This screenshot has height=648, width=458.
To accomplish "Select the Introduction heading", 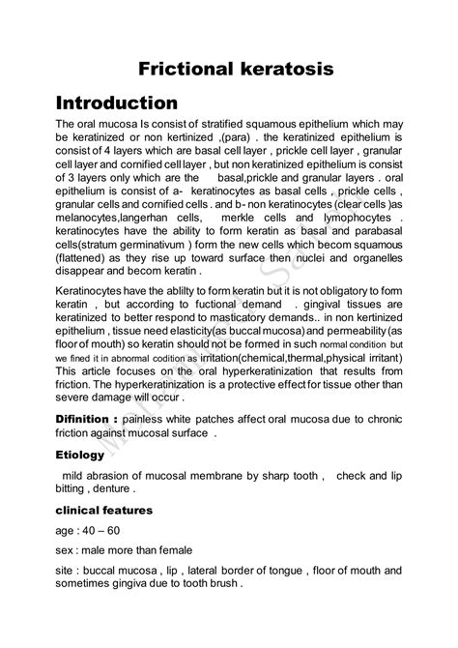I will [x=116, y=103].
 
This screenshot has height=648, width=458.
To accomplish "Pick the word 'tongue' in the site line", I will [x=283, y=571].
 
